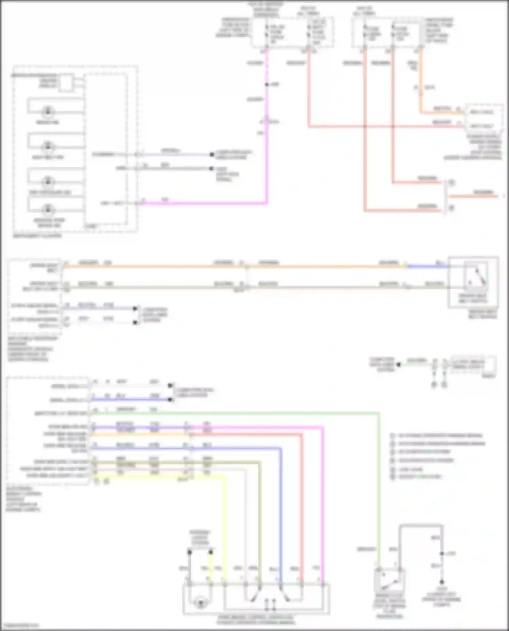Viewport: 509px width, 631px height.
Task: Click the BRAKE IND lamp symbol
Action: click(x=48, y=111)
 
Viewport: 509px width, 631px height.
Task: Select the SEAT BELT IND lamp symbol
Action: click(x=48, y=146)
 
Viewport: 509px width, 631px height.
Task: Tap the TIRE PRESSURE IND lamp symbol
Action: click(x=48, y=181)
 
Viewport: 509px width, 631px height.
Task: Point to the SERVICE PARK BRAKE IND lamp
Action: click(x=48, y=209)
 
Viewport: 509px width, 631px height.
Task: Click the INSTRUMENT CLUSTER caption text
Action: click(x=37, y=236)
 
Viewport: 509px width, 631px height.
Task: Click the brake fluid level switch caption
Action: click(x=389, y=605)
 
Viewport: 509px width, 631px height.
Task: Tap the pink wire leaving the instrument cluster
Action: click(x=204, y=203)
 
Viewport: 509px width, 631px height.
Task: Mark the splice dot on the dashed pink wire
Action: click(x=267, y=84)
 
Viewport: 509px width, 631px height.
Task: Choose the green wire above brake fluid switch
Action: click(x=378, y=492)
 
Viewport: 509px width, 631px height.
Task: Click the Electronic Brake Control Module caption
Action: click(x=24, y=499)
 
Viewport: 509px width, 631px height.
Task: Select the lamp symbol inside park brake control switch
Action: click(x=200, y=603)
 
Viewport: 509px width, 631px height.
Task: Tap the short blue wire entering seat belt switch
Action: click(x=428, y=267)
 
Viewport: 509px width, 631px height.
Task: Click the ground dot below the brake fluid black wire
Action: click(x=442, y=582)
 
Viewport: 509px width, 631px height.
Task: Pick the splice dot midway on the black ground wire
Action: click(x=442, y=553)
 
